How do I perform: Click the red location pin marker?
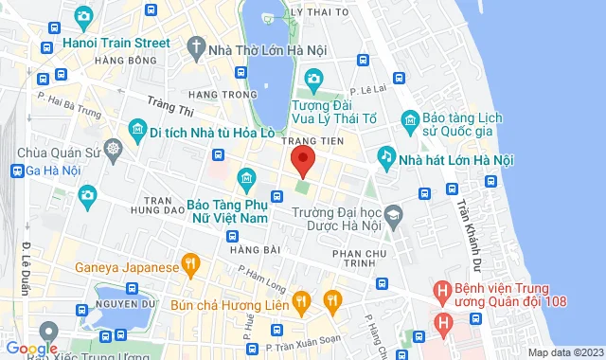(x=302, y=161)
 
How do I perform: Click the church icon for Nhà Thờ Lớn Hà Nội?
(x=195, y=45)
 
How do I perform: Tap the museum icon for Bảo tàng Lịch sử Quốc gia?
(x=409, y=118)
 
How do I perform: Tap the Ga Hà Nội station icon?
(x=17, y=171)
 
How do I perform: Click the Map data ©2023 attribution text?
(x=564, y=353)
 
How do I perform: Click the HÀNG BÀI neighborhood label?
(x=250, y=250)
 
